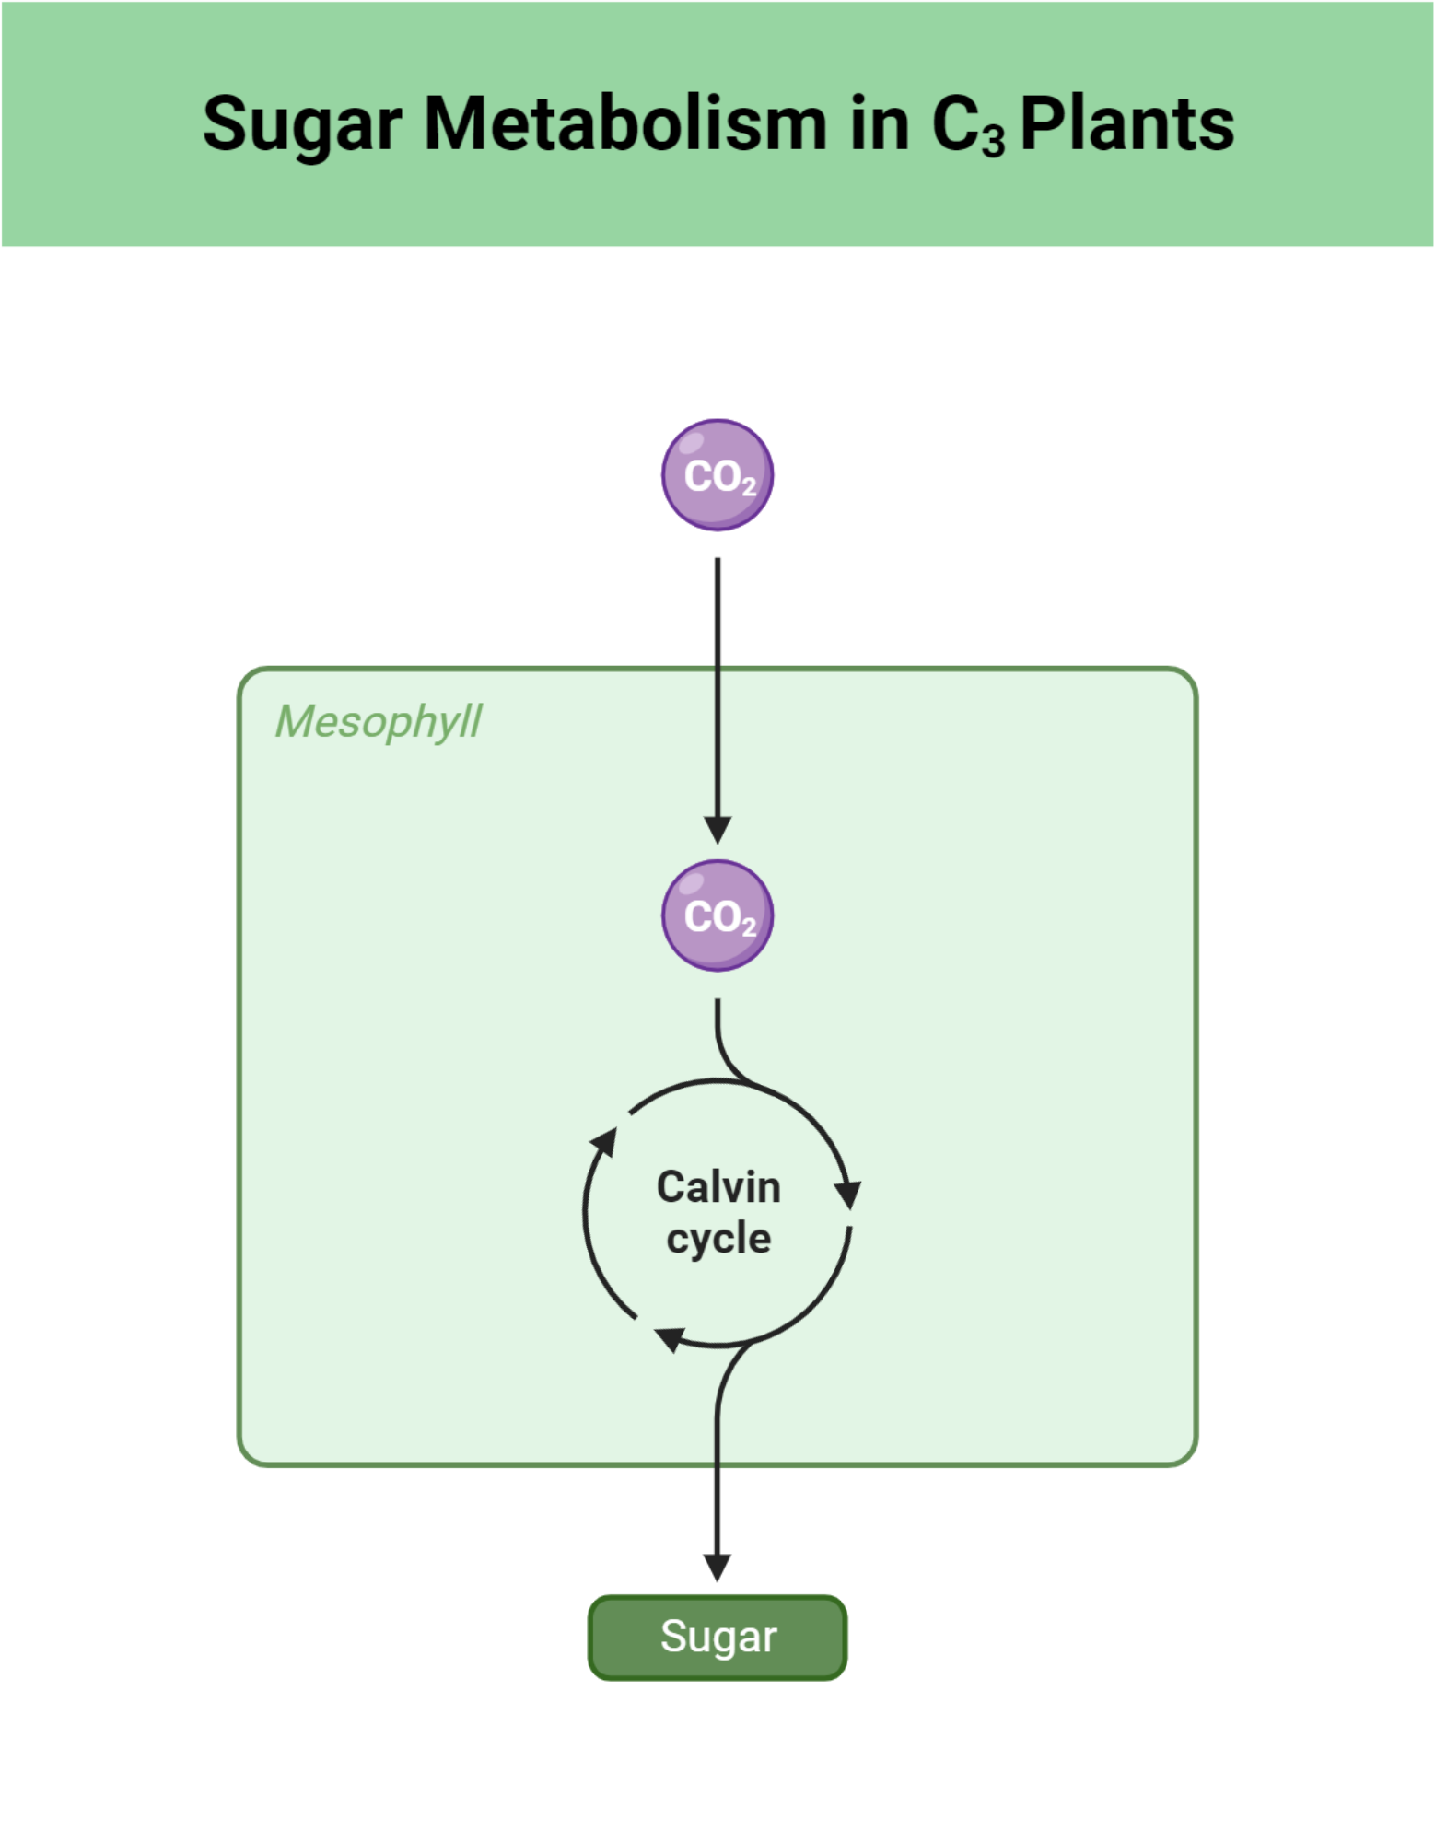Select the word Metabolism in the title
pyautogui.click(x=625, y=123)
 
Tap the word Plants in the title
pyautogui.click(x=1126, y=123)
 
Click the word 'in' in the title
pyautogui.click(x=880, y=123)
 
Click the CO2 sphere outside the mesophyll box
pyautogui.click(x=717, y=475)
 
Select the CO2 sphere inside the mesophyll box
pyautogui.click(x=717, y=915)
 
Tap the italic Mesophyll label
pyautogui.click(x=378, y=721)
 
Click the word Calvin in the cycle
pyautogui.click(x=718, y=1186)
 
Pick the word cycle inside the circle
pyautogui.click(x=718, y=1238)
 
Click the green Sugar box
pyautogui.click(x=717, y=1637)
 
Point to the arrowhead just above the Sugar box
pyautogui.click(x=717, y=1567)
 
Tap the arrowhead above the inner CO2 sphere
pyautogui.click(x=717, y=829)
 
